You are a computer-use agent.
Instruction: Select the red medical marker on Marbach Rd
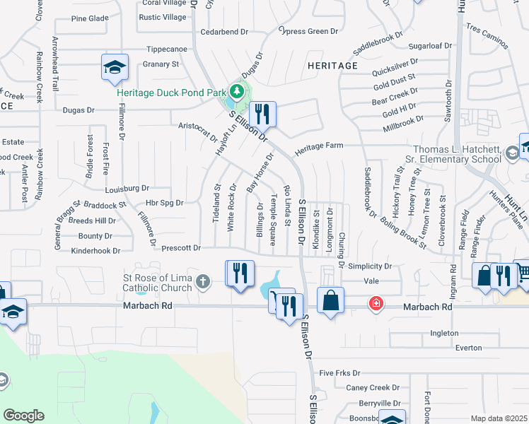tap(376, 303)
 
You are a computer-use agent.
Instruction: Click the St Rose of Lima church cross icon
tap(203, 283)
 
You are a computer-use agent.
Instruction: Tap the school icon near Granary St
tap(114, 67)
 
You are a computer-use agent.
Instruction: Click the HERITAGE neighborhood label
tap(332, 66)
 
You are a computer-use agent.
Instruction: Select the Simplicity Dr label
tap(368, 266)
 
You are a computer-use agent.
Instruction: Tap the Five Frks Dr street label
tap(339, 372)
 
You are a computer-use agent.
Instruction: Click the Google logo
tap(23, 416)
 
